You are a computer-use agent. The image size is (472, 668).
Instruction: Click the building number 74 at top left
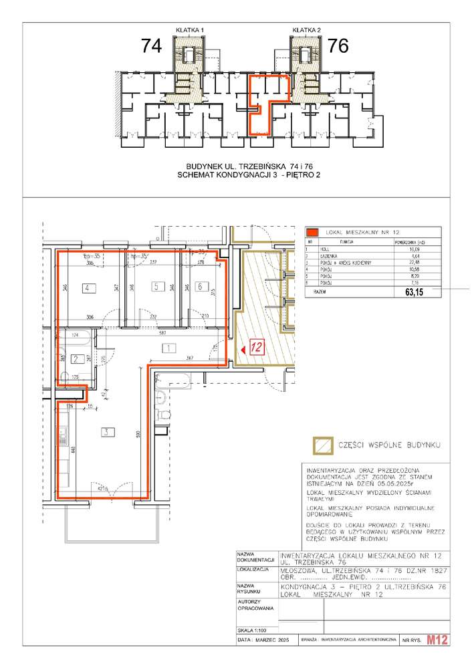click(x=152, y=46)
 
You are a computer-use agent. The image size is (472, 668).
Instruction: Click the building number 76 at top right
click(x=339, y=46)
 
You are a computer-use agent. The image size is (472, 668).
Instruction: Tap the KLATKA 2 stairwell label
click(x=307, y=29)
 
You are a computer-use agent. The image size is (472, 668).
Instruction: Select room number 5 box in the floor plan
click(x=156, y=288)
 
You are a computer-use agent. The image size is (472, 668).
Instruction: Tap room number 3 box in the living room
click(x=104, y=431)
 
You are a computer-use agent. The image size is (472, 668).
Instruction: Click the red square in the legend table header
click(x=311, y=233)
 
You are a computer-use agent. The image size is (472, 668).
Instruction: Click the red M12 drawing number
click(x=437, y=658)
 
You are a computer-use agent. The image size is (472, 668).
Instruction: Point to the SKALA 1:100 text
click(x=252, y=648)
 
